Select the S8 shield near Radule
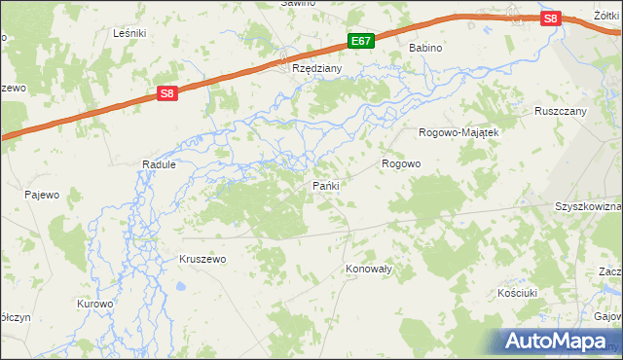167,93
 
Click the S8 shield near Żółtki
551,18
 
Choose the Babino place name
425,48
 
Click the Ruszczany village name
561,111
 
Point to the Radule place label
159,165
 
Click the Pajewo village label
42,195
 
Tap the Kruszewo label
202,260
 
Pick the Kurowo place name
95,304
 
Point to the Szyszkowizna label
588,207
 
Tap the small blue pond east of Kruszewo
181,287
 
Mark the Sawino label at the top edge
299,4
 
